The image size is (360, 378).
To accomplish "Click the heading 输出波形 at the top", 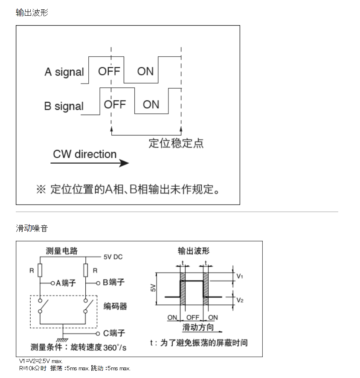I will (x=32, y=12).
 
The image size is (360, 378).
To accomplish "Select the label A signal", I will (x=64, y=72).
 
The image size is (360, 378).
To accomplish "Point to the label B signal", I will (x=64, y=106).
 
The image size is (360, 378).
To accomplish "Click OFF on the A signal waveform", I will (x=109, y=71).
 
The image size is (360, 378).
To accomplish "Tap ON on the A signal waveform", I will (x=145, y=71).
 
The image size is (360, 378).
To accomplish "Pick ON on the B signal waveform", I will (x=151, y=104).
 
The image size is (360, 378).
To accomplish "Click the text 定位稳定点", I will (x=176, y=143).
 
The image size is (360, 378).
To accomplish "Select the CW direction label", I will (x=84, y=154).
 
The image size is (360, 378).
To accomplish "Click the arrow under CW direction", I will (x=90, y=163).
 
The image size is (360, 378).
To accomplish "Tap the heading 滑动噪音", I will (x=32, y=228).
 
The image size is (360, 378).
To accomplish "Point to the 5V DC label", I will (x=113, y=257).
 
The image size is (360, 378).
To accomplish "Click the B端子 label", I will (x=113, y=282).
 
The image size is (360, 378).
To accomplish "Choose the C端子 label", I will (x=114, y=333).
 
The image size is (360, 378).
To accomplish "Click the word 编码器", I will (x=115, y=306).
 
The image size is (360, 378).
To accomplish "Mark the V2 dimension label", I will (x=240, y=300).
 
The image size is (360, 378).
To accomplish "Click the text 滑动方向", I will (x=198, y=327).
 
